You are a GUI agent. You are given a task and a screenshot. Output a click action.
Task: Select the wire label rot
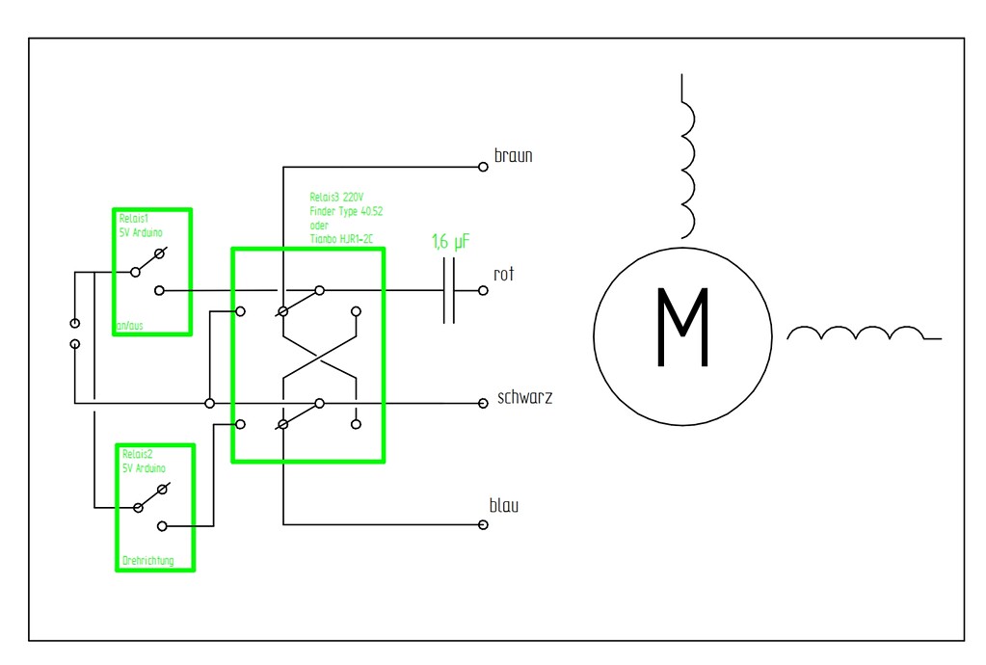tap(504, 275)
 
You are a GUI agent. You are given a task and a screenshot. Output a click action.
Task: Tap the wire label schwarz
tap(524, 397)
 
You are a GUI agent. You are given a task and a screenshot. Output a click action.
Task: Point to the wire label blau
tap(504, 505)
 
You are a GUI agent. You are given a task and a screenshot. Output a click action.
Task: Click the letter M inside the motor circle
tap(682, 328)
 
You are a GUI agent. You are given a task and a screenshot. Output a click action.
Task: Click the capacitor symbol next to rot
tap(448, 289)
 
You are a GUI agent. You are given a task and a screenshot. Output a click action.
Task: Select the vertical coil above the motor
tap(686, 156)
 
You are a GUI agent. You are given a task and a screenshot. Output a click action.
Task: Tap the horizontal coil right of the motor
tap(858, 333)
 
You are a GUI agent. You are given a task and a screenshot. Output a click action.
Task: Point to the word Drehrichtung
tap(148, 560)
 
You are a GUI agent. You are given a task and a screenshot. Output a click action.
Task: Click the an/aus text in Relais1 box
tap(128, 326)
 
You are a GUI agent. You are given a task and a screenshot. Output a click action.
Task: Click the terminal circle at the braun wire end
tap(484, 167)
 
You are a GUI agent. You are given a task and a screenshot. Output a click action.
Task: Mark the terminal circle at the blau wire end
tap(484, 525)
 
